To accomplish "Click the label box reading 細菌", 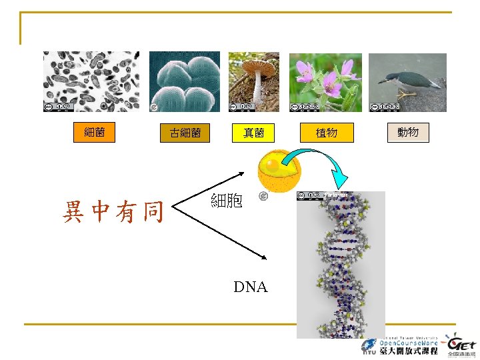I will pyautogui.click(x=94, y=132).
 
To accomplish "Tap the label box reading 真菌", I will pyautogui.click(x=254, y=133).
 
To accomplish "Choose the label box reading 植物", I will pyautogui.click(x=327, y=133).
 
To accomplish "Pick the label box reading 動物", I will pyautogui.click(x=408, y=132).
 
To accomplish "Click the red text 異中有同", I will pyautogui.click(x=113, y=212).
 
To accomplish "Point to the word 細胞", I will pyautogui.click(x=227, y=200).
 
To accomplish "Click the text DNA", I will pyautogui.click(x=250, y=287).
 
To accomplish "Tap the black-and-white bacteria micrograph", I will pyautogui.click(x=92, y=81).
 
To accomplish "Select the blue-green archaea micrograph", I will pyautogui.click(x=184, y=81).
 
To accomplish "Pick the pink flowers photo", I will pyautogui.click(x=325, y=81).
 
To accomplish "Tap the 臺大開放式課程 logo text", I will pyautogui.click(x=408, y=350).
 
